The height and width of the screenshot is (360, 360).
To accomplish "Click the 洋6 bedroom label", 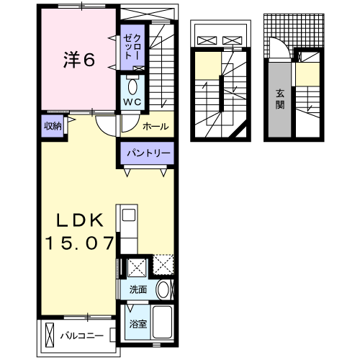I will (x=79, y=60).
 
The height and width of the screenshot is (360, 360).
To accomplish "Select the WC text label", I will (x=132, y=102).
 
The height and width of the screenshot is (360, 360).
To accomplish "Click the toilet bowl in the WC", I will (x=132, y=87).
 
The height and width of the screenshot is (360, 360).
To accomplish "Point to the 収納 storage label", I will (x=52, y=126).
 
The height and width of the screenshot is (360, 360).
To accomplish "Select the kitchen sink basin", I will (x=129, y=215).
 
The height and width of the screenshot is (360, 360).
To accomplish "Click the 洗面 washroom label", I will (x=138, y=289).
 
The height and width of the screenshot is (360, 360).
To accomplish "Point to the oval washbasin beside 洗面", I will (x=163, y=290).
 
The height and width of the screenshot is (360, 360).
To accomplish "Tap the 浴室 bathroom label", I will (x=138, y=323).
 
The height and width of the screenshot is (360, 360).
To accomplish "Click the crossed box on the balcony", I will (x=50, y=335).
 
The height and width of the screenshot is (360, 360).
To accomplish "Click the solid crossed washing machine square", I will (x=136, y=268).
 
